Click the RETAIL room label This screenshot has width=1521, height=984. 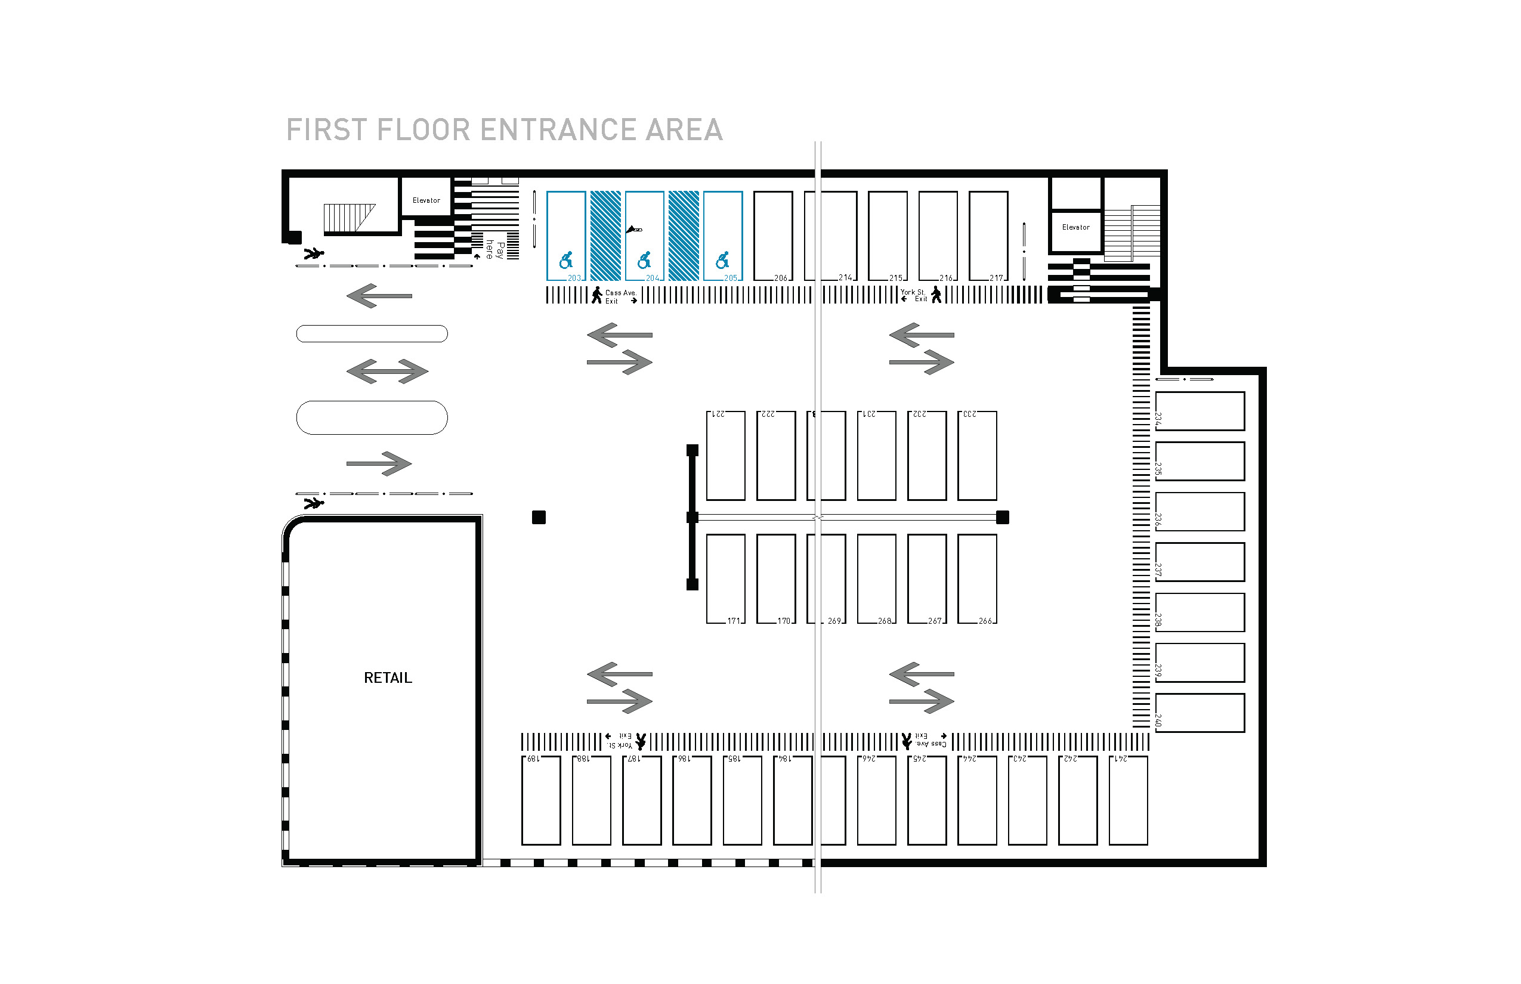[388, 678]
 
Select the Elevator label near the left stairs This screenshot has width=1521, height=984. [426, 200]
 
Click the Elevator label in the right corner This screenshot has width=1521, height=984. [1075, 227]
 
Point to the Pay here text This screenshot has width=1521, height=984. [494, 250]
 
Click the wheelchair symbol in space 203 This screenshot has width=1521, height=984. [566, 260]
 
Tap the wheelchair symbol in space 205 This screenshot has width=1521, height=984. [723, 260]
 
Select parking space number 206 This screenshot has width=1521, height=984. [773, 236]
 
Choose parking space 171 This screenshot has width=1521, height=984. [725, 579]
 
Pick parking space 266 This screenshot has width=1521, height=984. [977, 579]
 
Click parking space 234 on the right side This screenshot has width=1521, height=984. [1200, 411]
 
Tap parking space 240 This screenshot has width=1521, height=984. [1200, 713]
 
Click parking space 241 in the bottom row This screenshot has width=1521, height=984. [1129, 800]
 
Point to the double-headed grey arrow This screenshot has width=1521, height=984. [387, 371]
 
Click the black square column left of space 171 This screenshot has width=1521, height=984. [539, 518]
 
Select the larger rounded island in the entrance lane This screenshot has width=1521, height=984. [372, 418]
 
